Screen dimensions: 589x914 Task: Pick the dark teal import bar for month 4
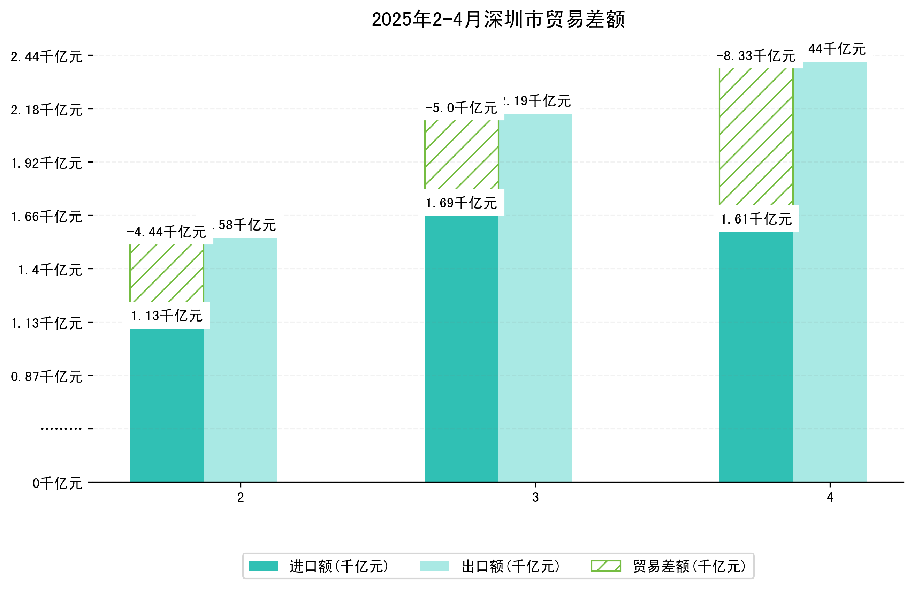point(756,356)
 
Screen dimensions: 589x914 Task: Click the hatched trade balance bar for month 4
point(756,137)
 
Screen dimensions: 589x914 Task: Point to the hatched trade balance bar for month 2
point(167,273)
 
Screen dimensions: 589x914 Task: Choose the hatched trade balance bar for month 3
point(462,154)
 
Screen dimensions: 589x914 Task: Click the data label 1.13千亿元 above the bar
point(167,316)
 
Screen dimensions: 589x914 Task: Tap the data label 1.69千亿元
point(462,203)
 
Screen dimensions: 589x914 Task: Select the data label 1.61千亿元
point(756,219)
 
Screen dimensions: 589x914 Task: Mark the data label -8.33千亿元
point(756,56)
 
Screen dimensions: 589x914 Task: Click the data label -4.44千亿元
point(167,232)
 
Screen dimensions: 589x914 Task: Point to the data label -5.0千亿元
point(462,108)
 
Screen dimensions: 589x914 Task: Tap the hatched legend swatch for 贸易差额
point(605,566)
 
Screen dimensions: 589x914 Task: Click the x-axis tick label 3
point(535,497)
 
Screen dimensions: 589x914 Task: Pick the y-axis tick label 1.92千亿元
point(47,163)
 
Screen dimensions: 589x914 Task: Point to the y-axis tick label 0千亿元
point(57,483)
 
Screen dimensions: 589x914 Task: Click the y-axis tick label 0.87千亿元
point(47,377)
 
